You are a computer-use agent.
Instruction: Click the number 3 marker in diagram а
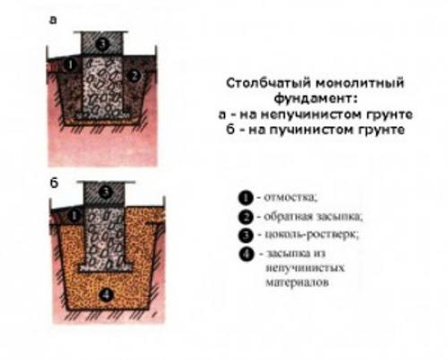pyautogui.click(x=105, y=42)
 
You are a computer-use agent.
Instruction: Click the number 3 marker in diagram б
pyautogui.click(x=105, y=191)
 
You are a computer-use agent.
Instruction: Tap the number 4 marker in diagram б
pyautogui.click(x=105, y=294)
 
